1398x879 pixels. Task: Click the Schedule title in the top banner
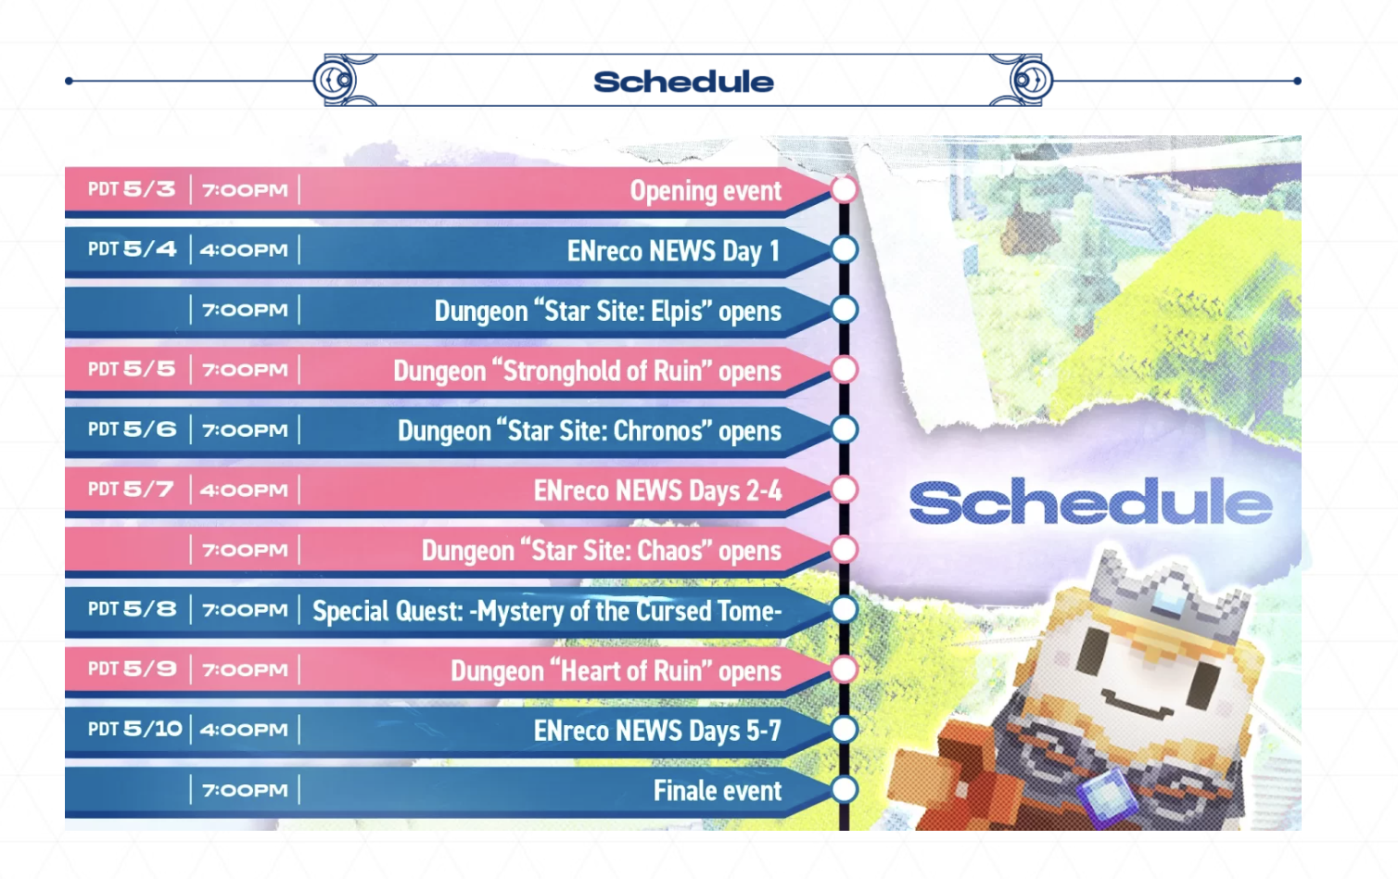point(683,82)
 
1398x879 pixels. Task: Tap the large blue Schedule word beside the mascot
point(1090,501)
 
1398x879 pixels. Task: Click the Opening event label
point(705,190)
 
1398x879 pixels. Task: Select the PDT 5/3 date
point(132,189)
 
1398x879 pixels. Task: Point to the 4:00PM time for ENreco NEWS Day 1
point(244,249)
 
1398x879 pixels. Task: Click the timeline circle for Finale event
point(844,789)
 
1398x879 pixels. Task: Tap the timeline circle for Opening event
point(844,190)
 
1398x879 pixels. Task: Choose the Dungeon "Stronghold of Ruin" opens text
point(587,371)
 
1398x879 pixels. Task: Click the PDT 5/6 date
point(132,429)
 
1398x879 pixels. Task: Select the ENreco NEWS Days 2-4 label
point(657,490)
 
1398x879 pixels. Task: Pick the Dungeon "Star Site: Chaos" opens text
point(601,551)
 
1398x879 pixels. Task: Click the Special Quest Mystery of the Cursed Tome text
point(547,610)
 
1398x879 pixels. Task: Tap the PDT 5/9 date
point(132,669)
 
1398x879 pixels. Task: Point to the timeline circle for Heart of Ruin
point(844,669)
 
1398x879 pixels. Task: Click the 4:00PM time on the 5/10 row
point(244,729)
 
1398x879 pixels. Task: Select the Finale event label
point(718,791)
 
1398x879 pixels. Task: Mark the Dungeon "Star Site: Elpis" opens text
point(607,311)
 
